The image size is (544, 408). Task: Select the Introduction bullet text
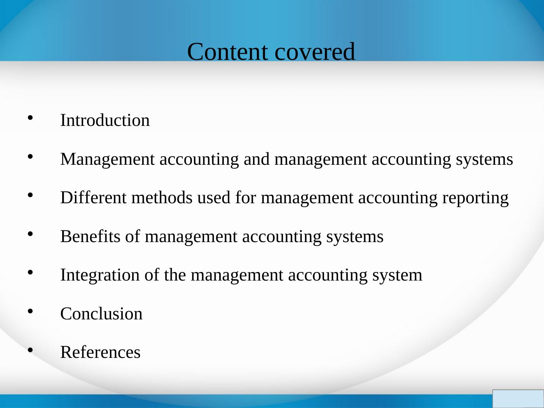point(105,120)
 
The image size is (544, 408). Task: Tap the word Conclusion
point(101,314)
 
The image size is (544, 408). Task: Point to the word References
point(100,352)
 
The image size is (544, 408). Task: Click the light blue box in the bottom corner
point(518,399)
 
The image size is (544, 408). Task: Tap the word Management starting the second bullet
point(108,159)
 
